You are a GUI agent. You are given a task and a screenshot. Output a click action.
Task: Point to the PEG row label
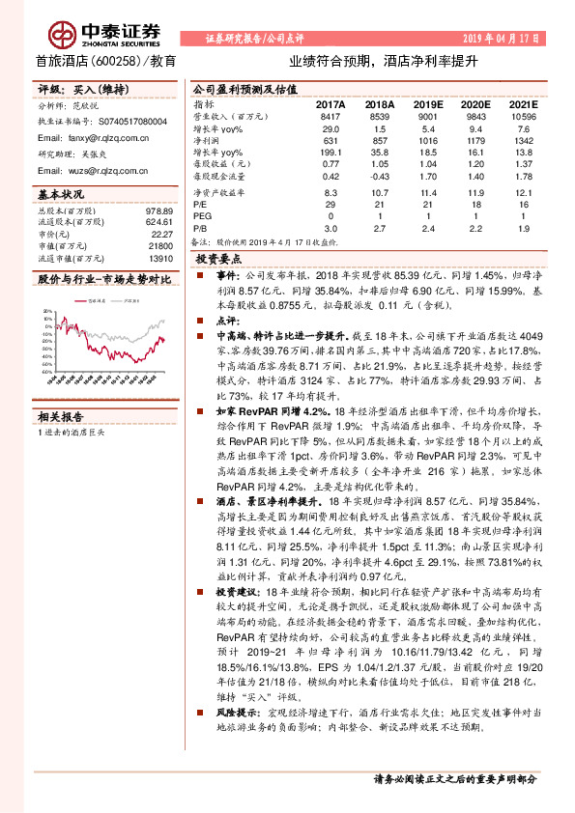[x=203, y=216]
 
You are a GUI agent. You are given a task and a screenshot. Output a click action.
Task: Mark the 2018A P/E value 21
[x=380, y=204]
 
